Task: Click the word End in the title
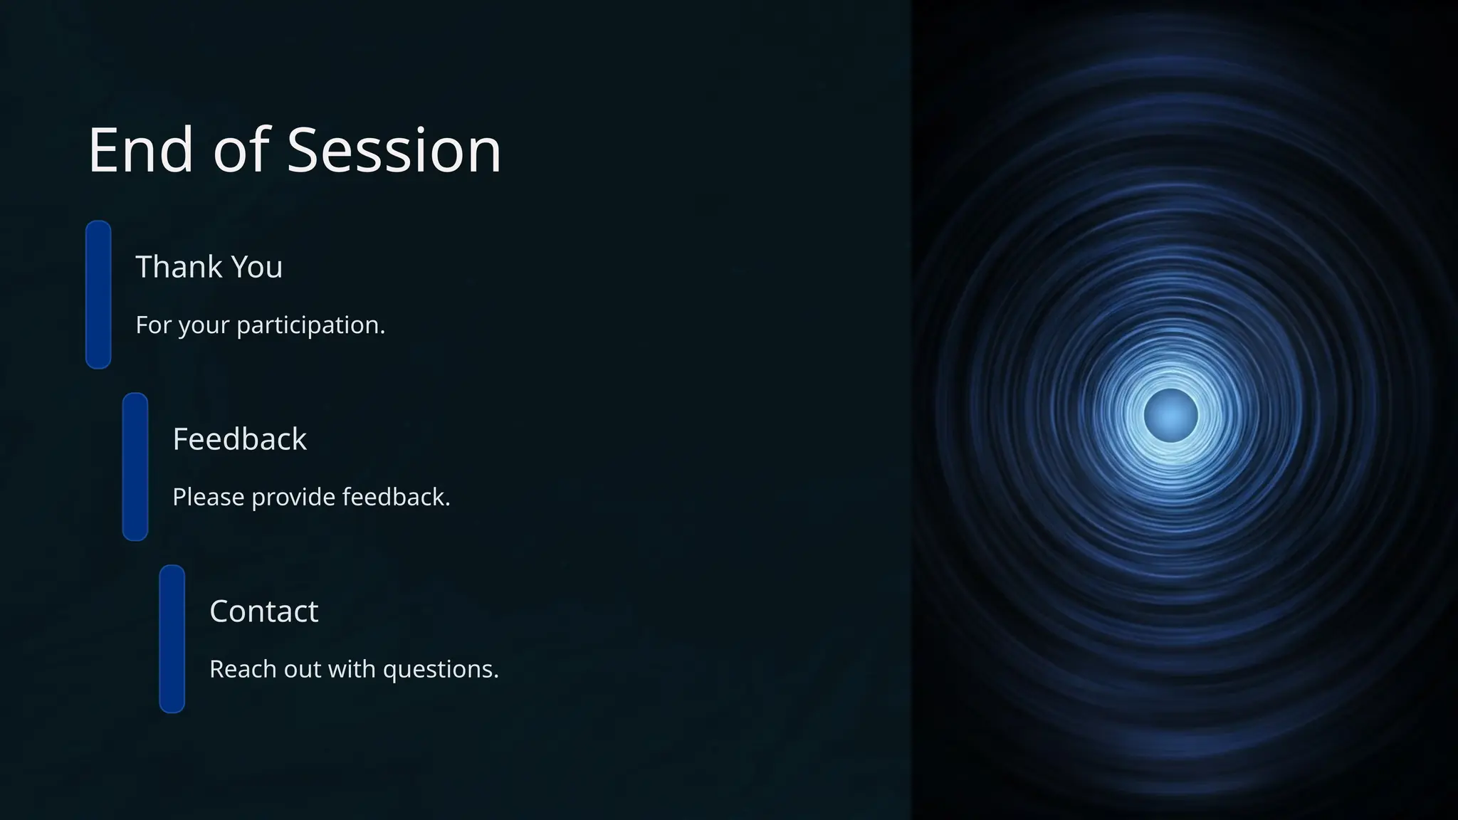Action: tap(140, 150)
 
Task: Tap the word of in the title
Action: tap(241, 150)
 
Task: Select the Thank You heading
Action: tap(209, 267)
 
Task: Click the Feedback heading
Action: tap(239, 439)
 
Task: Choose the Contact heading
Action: tap(263, 611)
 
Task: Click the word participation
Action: tap(310, 325)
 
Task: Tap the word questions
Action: tap(441, 670)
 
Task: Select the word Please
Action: tap(208, 497)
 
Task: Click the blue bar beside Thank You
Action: tap(98, 295)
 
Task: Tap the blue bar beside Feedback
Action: tap(135, 467)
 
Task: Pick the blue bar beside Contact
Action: tap(172, 639)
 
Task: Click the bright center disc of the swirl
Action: tap(1170, 416)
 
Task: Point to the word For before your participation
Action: tap(153, 325)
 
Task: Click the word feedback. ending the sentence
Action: tap(396, 497)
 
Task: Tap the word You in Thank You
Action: tap(257, 267)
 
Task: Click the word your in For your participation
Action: tap(204, 326)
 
